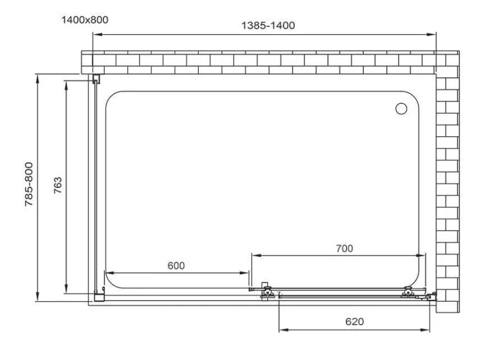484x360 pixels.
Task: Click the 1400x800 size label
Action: point(85,20)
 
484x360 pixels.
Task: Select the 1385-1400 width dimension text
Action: point(268,25)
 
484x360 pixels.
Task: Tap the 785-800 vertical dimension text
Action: point(29,184)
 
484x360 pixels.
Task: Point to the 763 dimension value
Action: point(58,185)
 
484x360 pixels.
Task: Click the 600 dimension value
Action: point(176,266)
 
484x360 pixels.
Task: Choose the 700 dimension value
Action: point(344,248)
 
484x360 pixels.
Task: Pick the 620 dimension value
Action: point(354,322)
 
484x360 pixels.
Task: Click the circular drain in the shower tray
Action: point(401,109)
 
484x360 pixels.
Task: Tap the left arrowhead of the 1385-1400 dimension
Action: point(97,35)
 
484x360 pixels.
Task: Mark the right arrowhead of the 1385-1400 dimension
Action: point(432,35)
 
